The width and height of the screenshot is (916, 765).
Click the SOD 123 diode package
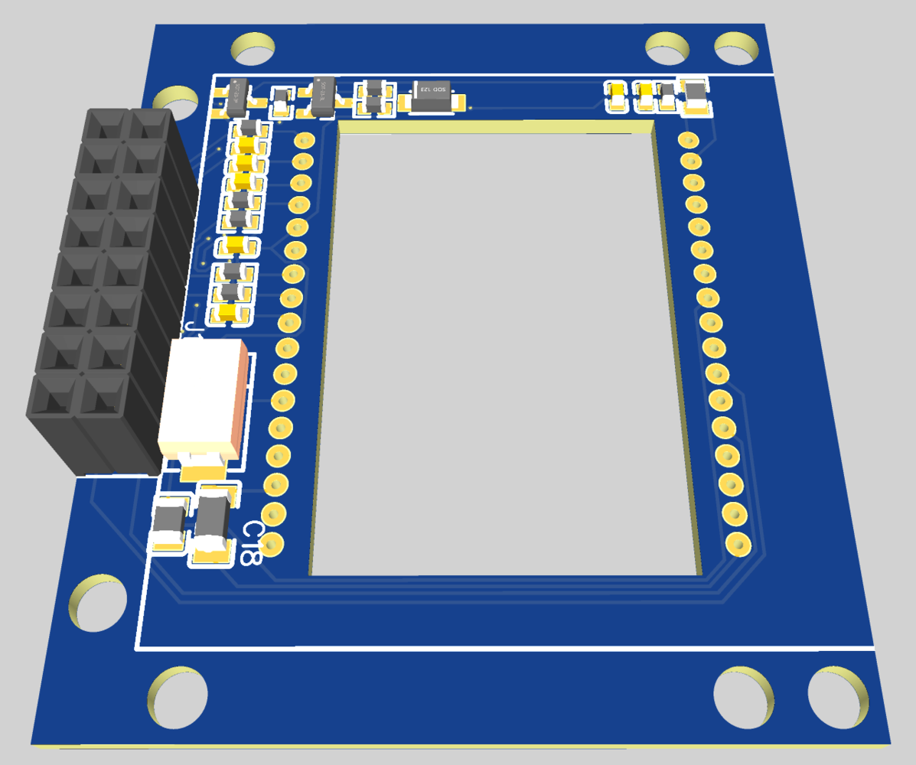[433, 96]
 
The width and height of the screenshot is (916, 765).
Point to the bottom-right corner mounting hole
[839, 695]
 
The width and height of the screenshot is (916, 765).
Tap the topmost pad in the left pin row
[304, 141]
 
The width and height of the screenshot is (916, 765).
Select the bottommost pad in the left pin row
[272, 543]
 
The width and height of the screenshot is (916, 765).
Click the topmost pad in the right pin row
[688, 140]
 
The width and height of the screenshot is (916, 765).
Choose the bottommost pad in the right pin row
[738, 545]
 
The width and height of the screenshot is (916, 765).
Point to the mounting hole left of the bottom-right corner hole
[742, 695]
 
